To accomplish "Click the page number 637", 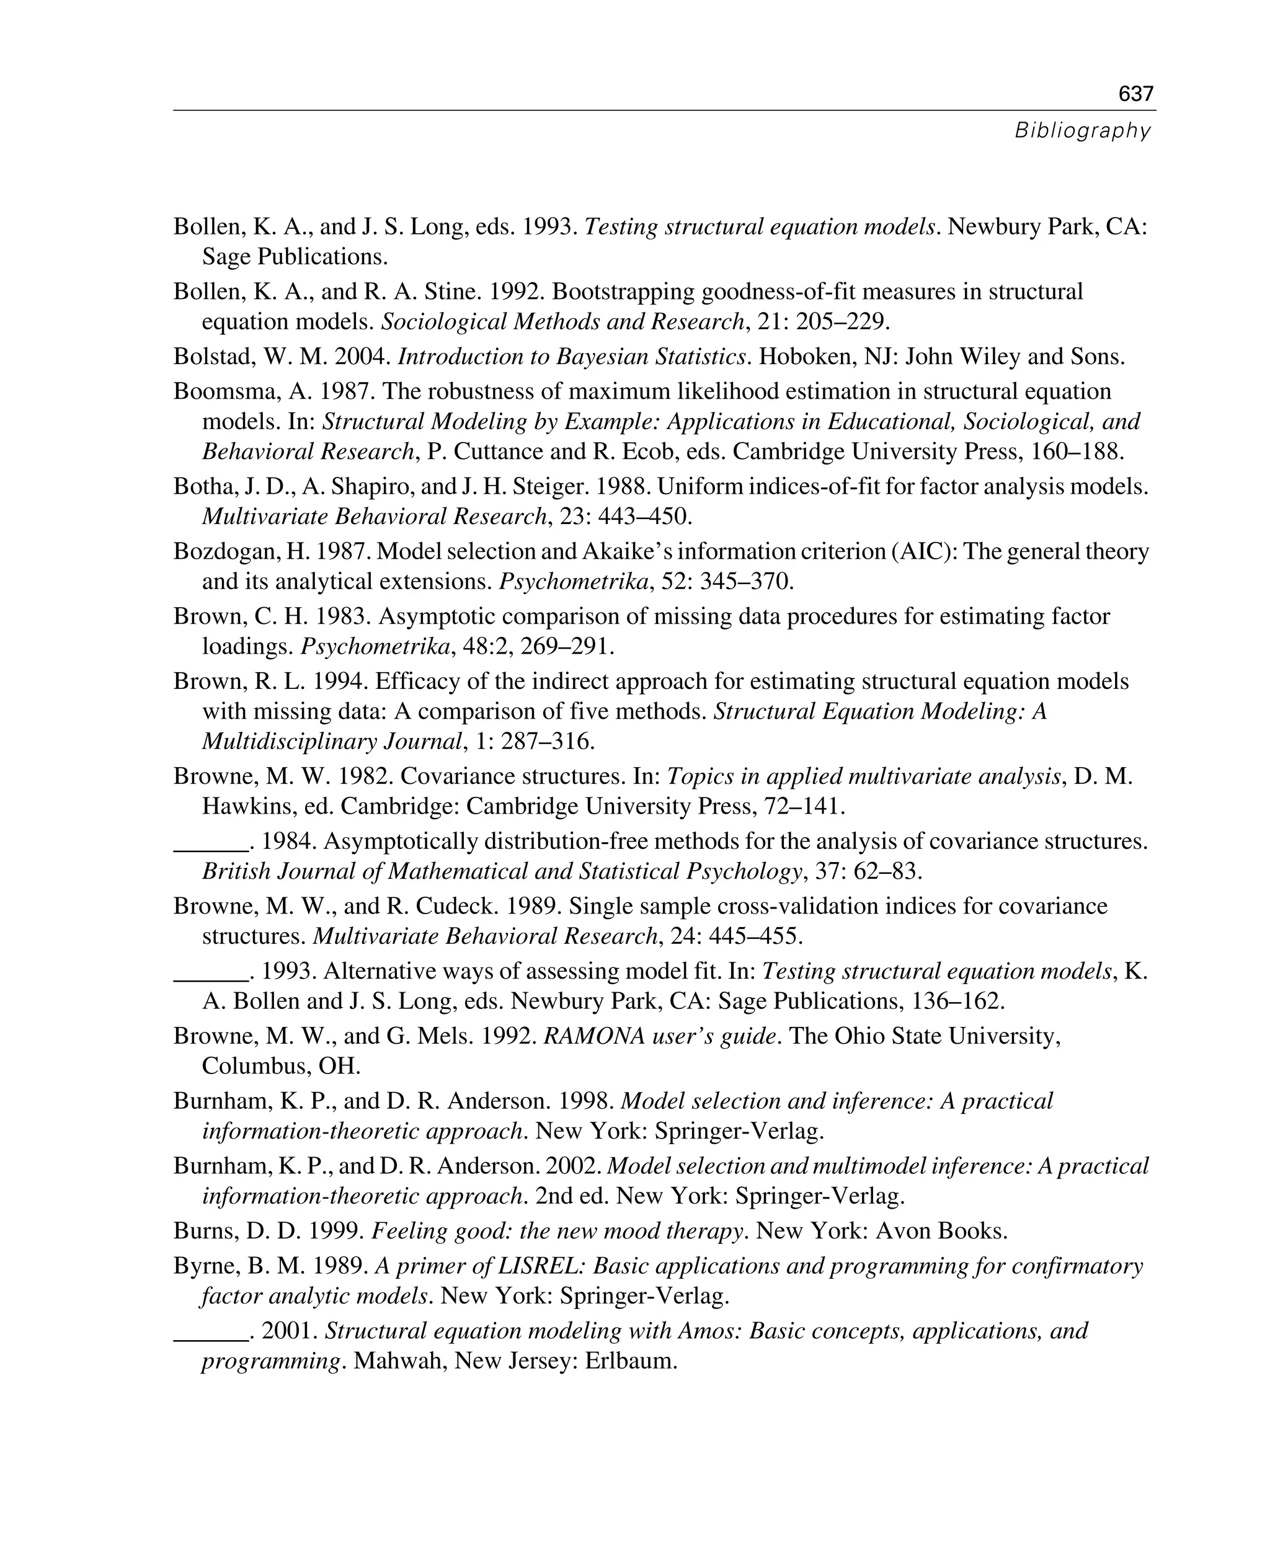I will (x=1136, y=94).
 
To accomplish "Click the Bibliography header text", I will (x=1082, y=131).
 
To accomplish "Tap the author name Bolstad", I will (x=209, y=357).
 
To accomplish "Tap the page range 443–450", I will (x=646, y=517).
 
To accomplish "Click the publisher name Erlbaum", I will (x=631, y=1361).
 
